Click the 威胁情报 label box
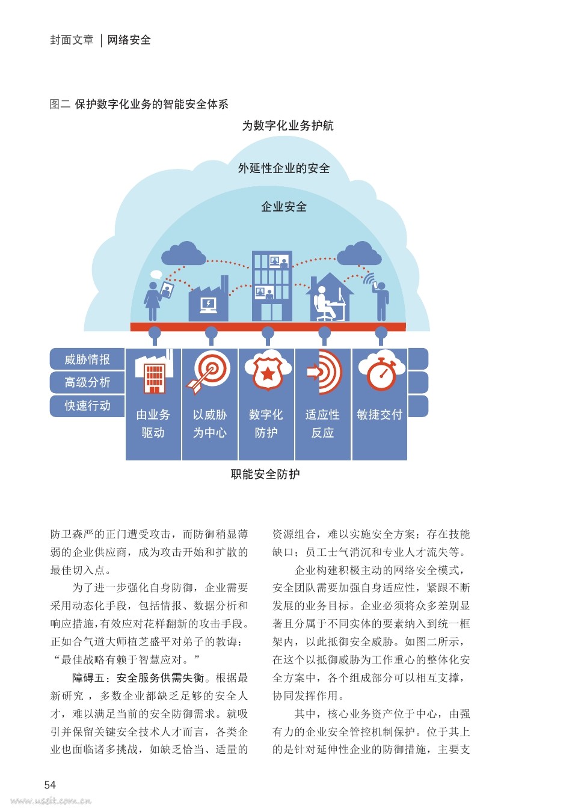(x=87, y=359)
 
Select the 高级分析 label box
(x=87, y=382)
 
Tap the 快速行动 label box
(x=87, y=405)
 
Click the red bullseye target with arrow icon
(x=209, y=372)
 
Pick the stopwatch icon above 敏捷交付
(x=381, y=370)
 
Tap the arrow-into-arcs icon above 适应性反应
(x=324, y=372)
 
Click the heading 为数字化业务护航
(x=287, y=126)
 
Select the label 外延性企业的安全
(x=284, y=168)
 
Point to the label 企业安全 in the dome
(x=284, y=207)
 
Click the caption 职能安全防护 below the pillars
(x=265, y=474)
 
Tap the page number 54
(x=50, y=785)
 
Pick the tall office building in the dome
(x=272, y=286)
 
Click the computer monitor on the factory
(x=209, y=305)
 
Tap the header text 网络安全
(x=129, y=40)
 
